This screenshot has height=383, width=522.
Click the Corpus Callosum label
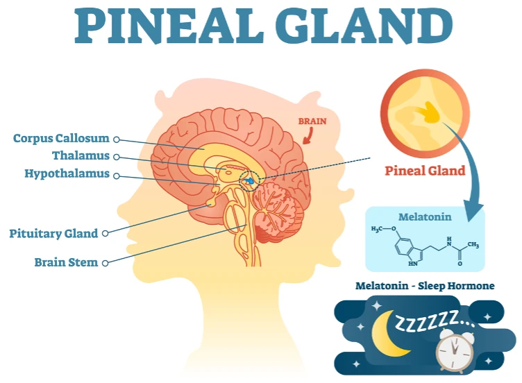[x=61, y=138]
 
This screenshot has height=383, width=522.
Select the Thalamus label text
[x=81, y=155]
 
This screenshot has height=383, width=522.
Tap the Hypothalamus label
[x=67, y=173]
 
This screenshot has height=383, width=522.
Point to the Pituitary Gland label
[x=53, y=234]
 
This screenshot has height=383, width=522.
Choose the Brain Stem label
[x=66, y=262]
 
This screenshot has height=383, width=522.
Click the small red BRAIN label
[x=312, y=121]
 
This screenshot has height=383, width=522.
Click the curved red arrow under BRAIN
[x=308, y=136]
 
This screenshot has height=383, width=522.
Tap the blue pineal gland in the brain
[x=249, y=180]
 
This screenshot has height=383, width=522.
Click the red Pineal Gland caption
[x=425, y=171]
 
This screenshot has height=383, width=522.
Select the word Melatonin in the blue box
[x=425, y=217]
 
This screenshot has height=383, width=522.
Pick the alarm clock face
[x=455, y=350]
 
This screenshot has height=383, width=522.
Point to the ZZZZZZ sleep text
[x=435, y=321]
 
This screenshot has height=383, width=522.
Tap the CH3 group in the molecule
[x=473, y=245]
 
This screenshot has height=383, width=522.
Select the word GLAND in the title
[x=364, y=25]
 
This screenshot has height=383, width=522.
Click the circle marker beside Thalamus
[x=116, y=157]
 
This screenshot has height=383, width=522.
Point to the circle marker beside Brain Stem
[x=105, y=263]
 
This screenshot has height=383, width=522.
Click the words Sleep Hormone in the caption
[x=456, y=286]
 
